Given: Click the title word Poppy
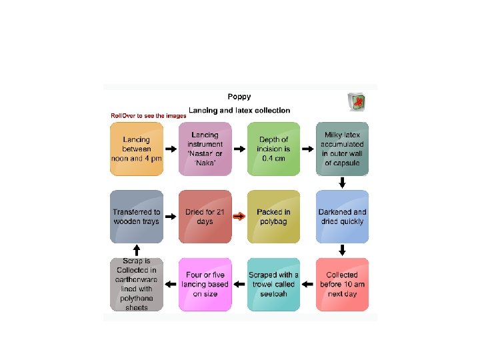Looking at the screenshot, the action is click(239, 96).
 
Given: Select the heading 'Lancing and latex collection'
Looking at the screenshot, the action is click(239, 110).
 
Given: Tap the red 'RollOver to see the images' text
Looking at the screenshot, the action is click(148, 116).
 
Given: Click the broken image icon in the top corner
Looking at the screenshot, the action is click(357, 102).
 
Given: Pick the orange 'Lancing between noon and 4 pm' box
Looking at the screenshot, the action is click(137, 149).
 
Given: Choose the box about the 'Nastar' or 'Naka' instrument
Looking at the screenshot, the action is click(205, 149).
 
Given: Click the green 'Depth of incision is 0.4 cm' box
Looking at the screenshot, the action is click(273, 149).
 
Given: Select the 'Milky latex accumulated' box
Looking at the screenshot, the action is click(342, 149).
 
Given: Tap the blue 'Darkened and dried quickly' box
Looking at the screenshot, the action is click(342, 217).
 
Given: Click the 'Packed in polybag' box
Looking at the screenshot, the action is click(273, 217).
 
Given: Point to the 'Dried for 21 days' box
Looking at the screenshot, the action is click(205, 217).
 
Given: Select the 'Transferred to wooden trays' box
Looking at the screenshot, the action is click(137, 217).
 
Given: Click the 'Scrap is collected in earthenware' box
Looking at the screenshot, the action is click(137, 284).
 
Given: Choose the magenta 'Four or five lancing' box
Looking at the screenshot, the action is click(205, 284).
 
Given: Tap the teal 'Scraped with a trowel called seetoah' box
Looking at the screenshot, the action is click(273, 284).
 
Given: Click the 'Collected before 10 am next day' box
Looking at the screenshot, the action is click(342, 284).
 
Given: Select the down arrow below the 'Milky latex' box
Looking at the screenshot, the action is click(342, 183).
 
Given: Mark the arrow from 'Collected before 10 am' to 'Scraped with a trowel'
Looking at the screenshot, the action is click(308, 285).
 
